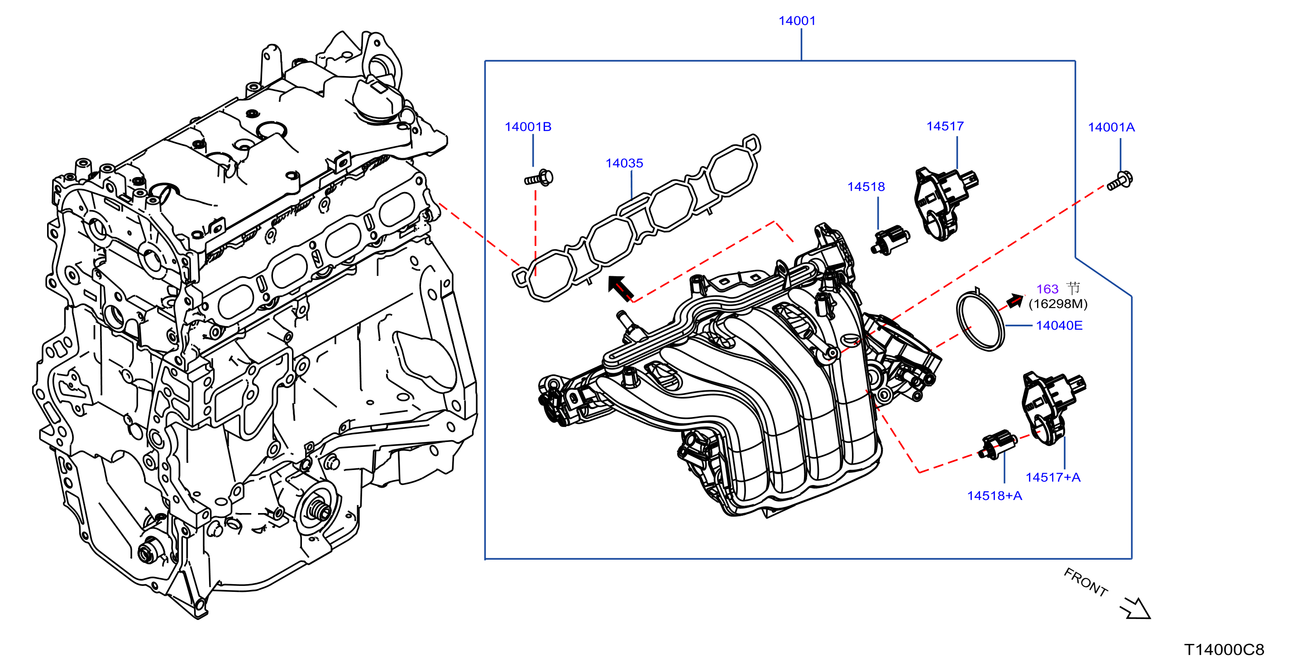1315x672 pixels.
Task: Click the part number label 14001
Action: [x=797, y=21]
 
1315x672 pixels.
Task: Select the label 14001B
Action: [x=528, y=127]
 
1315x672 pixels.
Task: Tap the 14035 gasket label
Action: [x=624, y=163]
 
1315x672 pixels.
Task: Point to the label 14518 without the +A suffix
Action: [x=866, y=187]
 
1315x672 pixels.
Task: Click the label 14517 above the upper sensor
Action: [x=945, y=126]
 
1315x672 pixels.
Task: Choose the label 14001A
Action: [x=1111, y=127]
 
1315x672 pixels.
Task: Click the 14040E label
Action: [x=1059, y=325]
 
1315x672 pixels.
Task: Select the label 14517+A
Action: [x=1053, y=477]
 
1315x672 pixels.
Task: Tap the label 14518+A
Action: [x=995, y=496]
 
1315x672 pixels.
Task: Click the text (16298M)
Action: [x=1058, y=304]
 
